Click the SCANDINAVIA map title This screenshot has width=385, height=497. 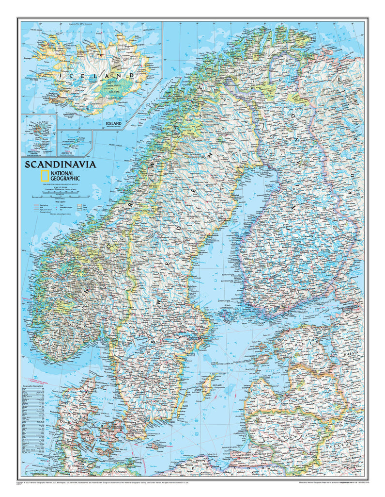pyautogui.click(x=61, y=164)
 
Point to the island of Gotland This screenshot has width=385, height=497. pyautogui.click(x=208, y=385)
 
